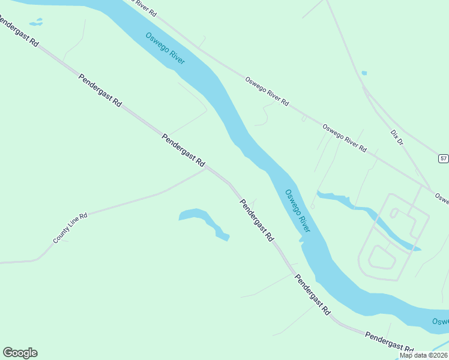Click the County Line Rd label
(71, 227)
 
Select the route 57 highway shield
(443, 158)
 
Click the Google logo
(20, 353)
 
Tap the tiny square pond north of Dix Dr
(364, 73)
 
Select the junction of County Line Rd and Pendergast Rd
(206, 169)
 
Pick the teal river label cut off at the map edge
(441, 325)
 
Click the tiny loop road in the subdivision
(395, 212)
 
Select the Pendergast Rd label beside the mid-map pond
(256, 220)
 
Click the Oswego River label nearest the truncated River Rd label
(165, 49)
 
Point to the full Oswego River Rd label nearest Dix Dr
(344, 138)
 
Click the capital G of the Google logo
(8, 353)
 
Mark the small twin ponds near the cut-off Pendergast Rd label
(37, 22)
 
